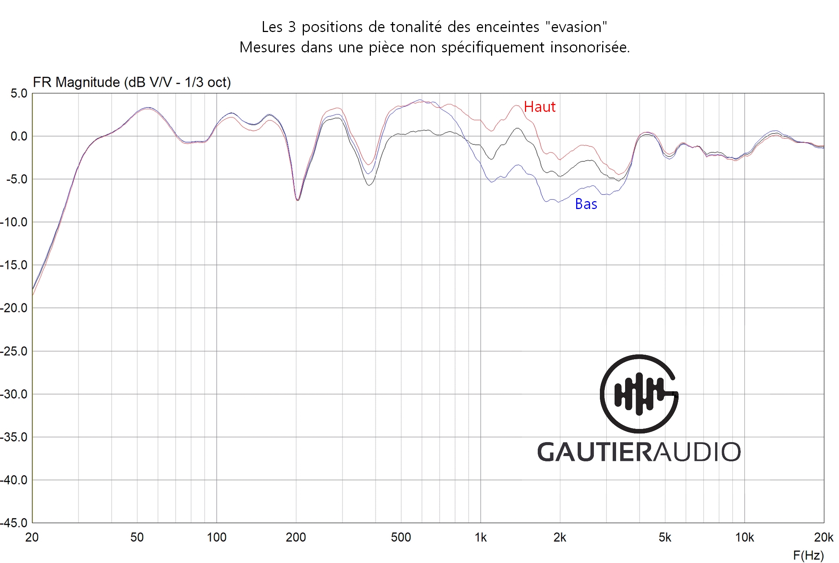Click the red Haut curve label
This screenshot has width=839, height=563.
[x=539, y=107]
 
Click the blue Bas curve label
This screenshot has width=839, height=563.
[x=586, y=204]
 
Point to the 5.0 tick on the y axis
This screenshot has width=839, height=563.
[x=19, y=93]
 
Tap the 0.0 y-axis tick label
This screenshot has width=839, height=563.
[x=19, y=136]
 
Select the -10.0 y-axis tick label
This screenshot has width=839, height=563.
[x=14, y=222]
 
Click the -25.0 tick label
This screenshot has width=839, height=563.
[x=14, y=351]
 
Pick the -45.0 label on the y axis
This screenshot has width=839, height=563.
[x=14, y=523]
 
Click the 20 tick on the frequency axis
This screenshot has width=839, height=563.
[x=32, y=537]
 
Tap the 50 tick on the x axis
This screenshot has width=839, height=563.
[x=137, y=537]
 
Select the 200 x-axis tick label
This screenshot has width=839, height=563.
[x=296, y=537]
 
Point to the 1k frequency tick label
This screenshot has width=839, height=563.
[x=481, y=537]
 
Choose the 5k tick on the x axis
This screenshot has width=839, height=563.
[x=665, y=537]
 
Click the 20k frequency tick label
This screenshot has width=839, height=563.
[x=824, y=537]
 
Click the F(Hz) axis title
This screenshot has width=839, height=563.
[x=808, y=555]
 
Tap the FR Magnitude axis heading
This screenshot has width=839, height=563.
[x=132, y=82]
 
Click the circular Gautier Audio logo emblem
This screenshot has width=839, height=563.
[x=639, y=394]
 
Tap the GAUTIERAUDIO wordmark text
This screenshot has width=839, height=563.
[x=639, y=452]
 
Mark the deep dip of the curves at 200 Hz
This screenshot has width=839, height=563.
[x=297, y=199]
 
